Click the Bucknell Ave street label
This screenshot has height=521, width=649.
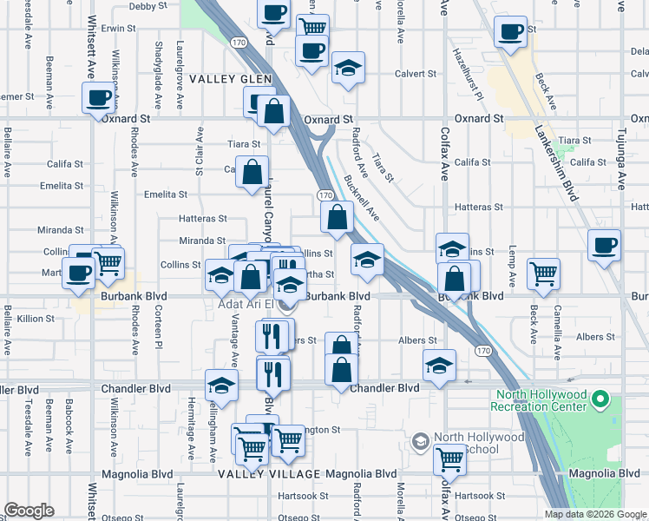[362, 198]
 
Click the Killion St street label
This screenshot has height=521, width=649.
[36, 320]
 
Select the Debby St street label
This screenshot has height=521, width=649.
[143, 6]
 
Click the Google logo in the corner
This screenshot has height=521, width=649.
[29, 510]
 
